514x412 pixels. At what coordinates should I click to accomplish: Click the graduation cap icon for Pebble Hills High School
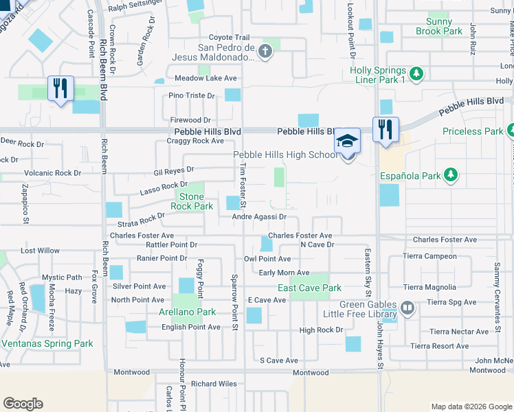(348, 141)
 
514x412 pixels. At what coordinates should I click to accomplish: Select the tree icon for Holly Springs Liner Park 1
(415, 73)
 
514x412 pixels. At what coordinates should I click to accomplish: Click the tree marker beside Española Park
(450, 175)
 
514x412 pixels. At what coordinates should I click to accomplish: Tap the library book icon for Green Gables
(407, 308)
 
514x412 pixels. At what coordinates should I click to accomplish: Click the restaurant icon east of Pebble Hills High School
(385, 128)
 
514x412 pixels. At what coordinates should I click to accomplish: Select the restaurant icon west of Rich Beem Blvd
(60, 88)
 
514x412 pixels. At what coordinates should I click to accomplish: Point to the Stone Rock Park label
(192, 201)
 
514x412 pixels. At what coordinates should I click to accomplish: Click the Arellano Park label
(193, 312)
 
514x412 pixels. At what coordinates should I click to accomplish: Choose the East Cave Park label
(309, 288)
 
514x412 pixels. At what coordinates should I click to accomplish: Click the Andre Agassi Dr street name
(259, 217)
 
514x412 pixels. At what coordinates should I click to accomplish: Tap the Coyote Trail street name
(229, 37)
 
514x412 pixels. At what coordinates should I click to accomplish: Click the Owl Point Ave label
(267, 259)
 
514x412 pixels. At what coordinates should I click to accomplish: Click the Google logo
(23, 404)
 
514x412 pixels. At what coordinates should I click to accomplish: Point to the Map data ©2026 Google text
(471, 407)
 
